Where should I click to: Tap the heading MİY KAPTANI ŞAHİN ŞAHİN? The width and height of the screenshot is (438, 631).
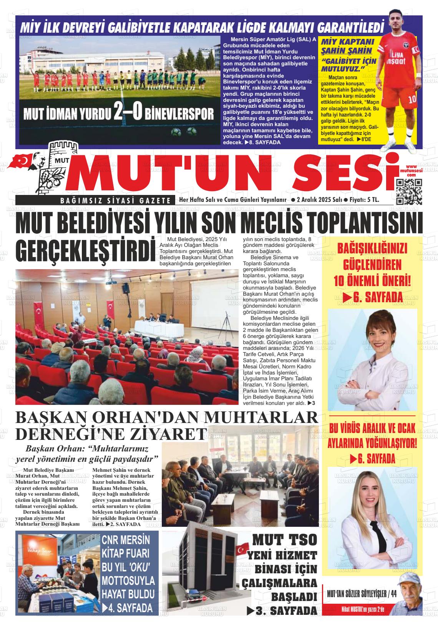[347, 46]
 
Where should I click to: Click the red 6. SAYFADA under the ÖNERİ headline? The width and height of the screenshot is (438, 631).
[372, 297]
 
